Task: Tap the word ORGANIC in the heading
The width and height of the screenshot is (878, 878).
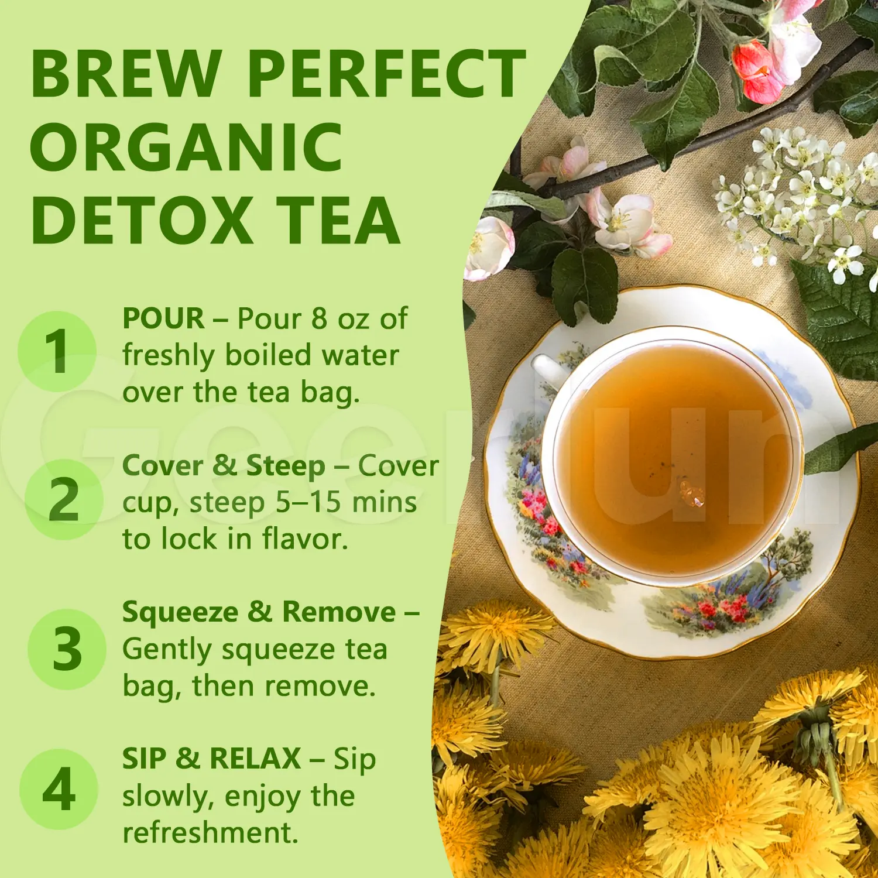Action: [186, 148]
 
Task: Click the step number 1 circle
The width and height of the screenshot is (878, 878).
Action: [57, 351]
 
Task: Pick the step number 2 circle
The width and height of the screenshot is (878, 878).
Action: [64, 499]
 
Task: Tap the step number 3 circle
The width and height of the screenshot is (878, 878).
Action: [67, 649]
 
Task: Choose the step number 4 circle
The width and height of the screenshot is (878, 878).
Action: [59, 789]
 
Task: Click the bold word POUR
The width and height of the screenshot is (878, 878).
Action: [163, 319]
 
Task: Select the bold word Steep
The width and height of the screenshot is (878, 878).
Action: [285, 466]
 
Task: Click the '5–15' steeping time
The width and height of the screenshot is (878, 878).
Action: [308, 502]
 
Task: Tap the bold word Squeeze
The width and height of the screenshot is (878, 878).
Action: [180, 612]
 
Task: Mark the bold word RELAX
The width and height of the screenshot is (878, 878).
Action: [255, 759]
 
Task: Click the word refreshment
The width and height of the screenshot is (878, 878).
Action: [210, 832]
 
